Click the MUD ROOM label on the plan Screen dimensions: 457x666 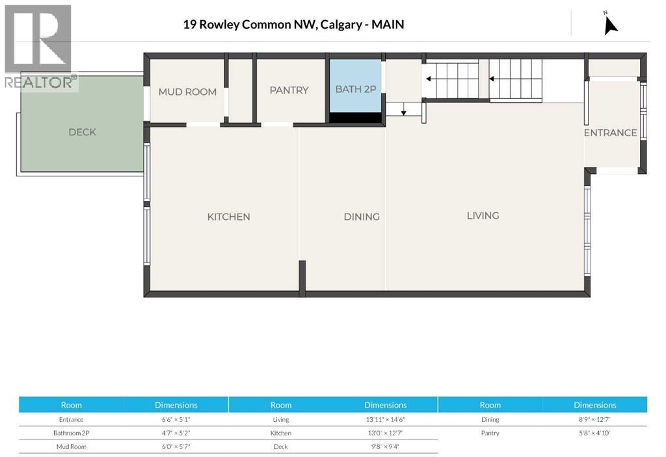[187, 92]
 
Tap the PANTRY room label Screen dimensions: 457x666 [289, 90]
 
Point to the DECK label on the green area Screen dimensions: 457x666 [82, 132]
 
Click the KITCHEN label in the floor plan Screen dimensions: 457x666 [228, 217]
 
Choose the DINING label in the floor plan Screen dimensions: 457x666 [362, 217]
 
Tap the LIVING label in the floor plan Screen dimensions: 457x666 [483, 215]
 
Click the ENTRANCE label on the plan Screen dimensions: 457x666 [610, 133]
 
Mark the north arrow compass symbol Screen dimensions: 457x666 [610, 24]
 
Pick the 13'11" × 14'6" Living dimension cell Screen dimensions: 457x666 [385, 420]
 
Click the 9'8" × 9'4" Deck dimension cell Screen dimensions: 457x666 [385, 447]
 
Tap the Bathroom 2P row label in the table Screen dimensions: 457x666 [71, 434]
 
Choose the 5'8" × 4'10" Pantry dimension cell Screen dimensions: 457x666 [594, 434]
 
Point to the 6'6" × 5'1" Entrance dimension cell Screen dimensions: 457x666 [176, 420]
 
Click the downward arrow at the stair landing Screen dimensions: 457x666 [403, 112]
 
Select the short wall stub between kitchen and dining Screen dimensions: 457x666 [302, 278]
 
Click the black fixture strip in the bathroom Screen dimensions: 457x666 [355, 118]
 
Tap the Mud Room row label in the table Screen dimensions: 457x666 [71, 447]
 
